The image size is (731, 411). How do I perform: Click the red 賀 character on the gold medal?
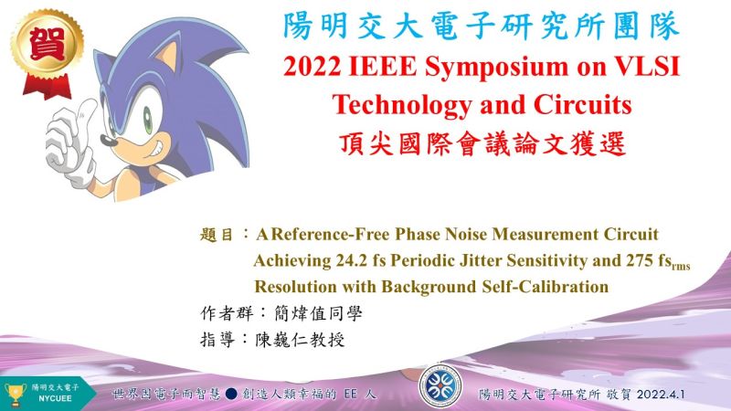click(47, 43)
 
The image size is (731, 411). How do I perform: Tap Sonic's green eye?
click(147, 120)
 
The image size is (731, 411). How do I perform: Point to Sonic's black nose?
click(109, 140)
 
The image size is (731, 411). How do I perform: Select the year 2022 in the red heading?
click(312, 67)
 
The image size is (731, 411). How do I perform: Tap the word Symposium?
click(497, 68)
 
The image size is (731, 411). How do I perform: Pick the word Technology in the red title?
click(402, 106)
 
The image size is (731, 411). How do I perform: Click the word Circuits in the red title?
click(583, 104)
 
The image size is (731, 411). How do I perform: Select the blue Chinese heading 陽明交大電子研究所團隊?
click(482, 26)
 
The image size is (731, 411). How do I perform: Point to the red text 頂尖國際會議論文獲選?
click(482, 144)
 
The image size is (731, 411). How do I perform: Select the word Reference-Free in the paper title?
click(330, 234)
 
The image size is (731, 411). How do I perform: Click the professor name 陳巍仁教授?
click(300, 340)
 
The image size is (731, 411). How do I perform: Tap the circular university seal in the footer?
click(440, 386)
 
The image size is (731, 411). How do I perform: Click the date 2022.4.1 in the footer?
click(661, 395)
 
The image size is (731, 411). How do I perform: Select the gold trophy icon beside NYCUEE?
click(16, 395)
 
